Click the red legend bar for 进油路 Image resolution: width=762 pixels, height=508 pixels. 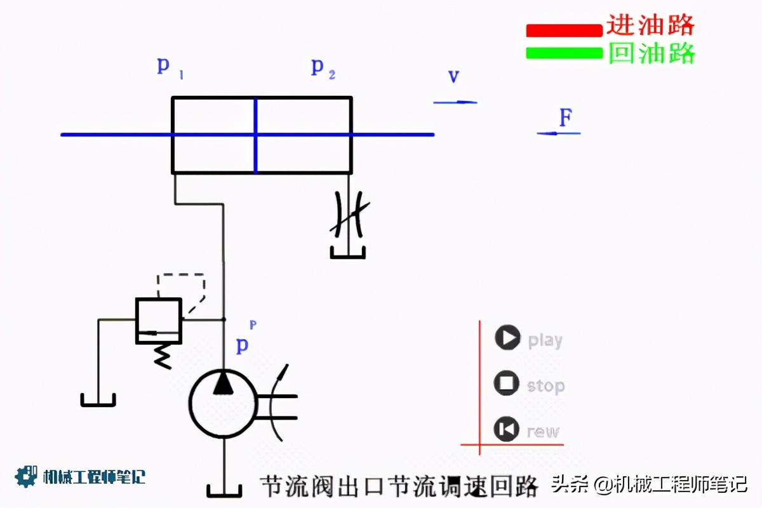pos(563,30)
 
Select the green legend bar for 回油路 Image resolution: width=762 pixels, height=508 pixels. pos(563,53)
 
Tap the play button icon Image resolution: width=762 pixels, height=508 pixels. pos(507,337)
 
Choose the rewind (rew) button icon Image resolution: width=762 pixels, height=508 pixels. pos(507,429)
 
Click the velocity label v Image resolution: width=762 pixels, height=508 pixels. pos(454,77)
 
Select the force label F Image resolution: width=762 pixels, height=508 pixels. pos(566,117)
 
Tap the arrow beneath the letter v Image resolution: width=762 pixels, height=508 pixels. pos(455,102)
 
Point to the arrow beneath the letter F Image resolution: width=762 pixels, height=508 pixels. pos(559,133)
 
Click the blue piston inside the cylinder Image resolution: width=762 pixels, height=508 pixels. pos(255,135)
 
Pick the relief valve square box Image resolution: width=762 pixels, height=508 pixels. pos(159,321)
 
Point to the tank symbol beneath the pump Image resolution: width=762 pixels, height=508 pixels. pos(224,490)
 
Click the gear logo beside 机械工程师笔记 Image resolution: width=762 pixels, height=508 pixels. pos(26,476)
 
